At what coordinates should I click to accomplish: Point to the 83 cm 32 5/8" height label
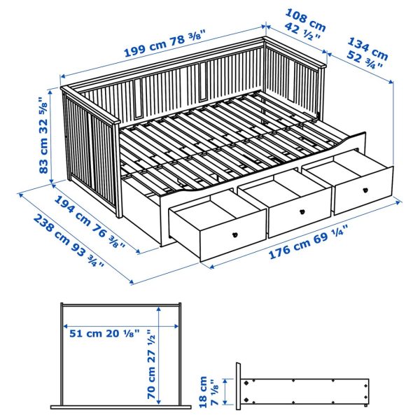(x=45, y=135)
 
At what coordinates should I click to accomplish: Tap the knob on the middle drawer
(x=302, y=211)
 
